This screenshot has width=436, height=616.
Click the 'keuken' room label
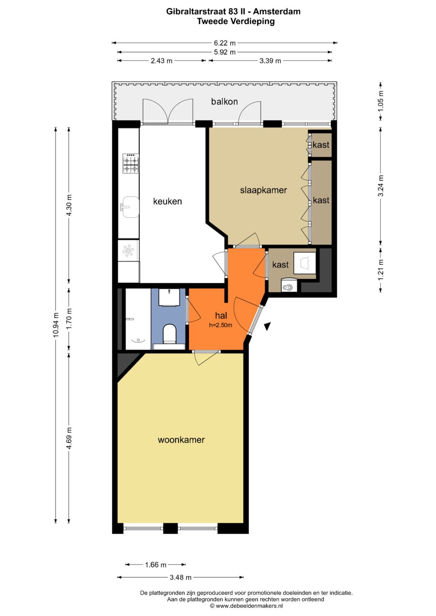pos(168,201)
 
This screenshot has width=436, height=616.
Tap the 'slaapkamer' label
pos(263,190)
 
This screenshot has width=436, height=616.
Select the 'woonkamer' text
pos(181,439)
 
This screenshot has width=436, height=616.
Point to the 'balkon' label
pos(224,102)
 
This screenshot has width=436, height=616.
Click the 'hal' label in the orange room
pos(221,315)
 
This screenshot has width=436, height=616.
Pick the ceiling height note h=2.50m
pos(220,325)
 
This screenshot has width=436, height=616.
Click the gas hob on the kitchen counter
pos(131,163)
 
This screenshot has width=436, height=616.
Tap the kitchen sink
pos(130,207)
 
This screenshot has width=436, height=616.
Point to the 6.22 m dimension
pos(224,43)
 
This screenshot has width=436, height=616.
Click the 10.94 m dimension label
pos(56,325)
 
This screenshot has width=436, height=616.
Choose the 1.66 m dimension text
pos(155,565)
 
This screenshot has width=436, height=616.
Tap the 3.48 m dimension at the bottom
pos(180,578)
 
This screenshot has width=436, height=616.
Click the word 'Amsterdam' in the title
pos(277,12)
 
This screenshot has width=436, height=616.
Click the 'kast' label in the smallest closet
pos(321,145)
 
